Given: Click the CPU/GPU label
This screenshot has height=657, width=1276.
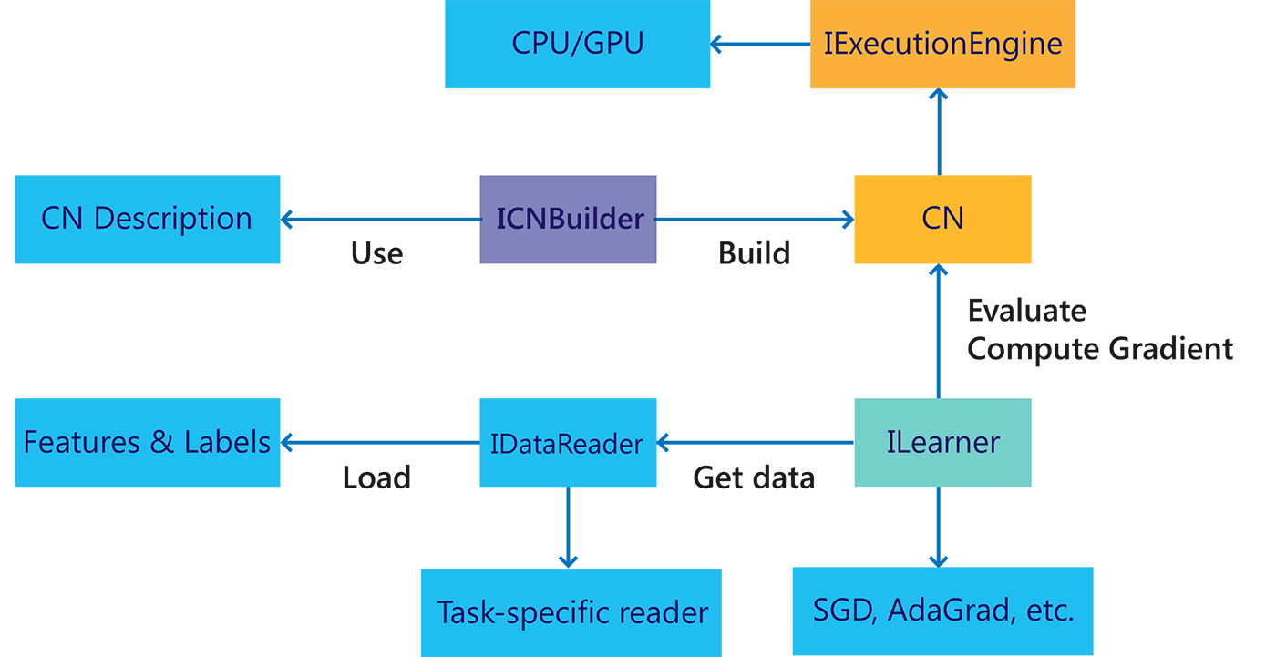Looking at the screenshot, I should (578, 43).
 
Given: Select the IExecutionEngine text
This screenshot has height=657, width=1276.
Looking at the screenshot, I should (942, 43).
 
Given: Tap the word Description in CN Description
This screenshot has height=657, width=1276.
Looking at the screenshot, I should (173, 219).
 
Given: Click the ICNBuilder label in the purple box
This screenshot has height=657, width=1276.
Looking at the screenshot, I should (571, 219).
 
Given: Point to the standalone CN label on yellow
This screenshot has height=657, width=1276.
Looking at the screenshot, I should (942, 219).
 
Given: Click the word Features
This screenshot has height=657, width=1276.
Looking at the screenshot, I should (80, 442).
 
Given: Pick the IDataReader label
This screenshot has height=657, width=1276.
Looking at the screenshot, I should (566, 444).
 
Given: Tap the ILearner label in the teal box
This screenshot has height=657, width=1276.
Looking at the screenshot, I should (942, 442).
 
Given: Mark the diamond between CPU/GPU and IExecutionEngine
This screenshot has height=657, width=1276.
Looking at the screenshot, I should (760, 43).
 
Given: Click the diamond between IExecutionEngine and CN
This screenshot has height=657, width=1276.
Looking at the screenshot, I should (939, 131).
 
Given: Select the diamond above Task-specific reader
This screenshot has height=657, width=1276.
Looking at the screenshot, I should (568, 527).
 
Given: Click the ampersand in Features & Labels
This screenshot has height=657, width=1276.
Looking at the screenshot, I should (161, 442).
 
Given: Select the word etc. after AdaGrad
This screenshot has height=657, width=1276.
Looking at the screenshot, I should (1048, 610).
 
